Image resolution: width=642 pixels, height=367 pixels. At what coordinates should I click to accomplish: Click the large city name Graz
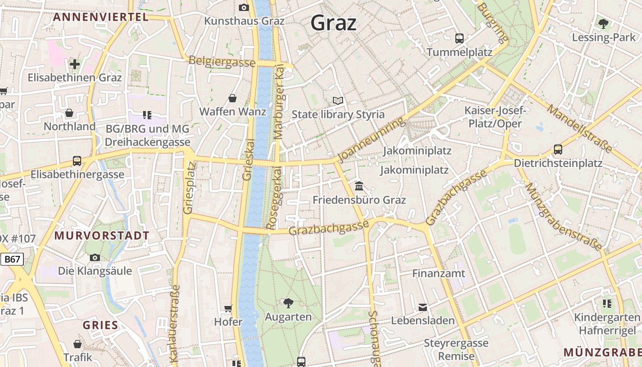click(x=333, y=22)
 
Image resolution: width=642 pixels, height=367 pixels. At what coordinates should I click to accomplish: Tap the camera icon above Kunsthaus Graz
click(x=244, y=7)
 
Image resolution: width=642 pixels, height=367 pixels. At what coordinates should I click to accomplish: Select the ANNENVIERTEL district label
click(x=100, y=17)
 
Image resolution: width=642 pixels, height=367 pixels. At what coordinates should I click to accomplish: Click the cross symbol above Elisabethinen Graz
click(x=75, y=64)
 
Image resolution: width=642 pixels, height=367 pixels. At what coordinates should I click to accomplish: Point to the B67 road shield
click(x=12, y=259)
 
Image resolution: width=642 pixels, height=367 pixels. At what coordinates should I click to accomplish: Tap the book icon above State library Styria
click(x=338, y=100)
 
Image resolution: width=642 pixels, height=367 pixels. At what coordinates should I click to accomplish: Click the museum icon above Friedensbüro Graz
click(x=359, y=186)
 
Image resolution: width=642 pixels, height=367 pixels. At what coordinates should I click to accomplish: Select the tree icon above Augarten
click(x=288, y=303)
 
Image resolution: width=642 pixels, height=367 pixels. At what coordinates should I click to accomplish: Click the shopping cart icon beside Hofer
click(x=228, y=308)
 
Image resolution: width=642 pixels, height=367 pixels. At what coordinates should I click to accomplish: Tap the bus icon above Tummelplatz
click(x=459, y=38)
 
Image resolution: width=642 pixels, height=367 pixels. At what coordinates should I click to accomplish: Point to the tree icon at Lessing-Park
click(x=603, y=23)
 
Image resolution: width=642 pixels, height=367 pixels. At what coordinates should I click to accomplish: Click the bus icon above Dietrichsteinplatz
click(x=558, y=149)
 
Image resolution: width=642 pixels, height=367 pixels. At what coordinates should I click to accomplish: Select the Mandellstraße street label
click(x=579, y=128)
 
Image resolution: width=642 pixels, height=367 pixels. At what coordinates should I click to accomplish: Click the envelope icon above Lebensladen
click(x=422, y=307)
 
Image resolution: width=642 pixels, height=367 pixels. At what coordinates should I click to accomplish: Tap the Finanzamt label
click(x=439, y=273)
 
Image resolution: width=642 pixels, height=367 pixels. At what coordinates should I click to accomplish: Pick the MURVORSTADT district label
click(x=102, y=236)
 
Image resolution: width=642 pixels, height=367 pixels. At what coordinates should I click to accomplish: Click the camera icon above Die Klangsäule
click(x=95, y=257)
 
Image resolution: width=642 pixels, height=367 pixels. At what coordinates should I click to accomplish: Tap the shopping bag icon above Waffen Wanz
click(x=232, y=98)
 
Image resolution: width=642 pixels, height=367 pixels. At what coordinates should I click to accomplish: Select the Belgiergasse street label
click(x=221, y=61)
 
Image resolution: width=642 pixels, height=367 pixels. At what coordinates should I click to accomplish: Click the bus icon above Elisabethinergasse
click(x=77, y=161)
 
